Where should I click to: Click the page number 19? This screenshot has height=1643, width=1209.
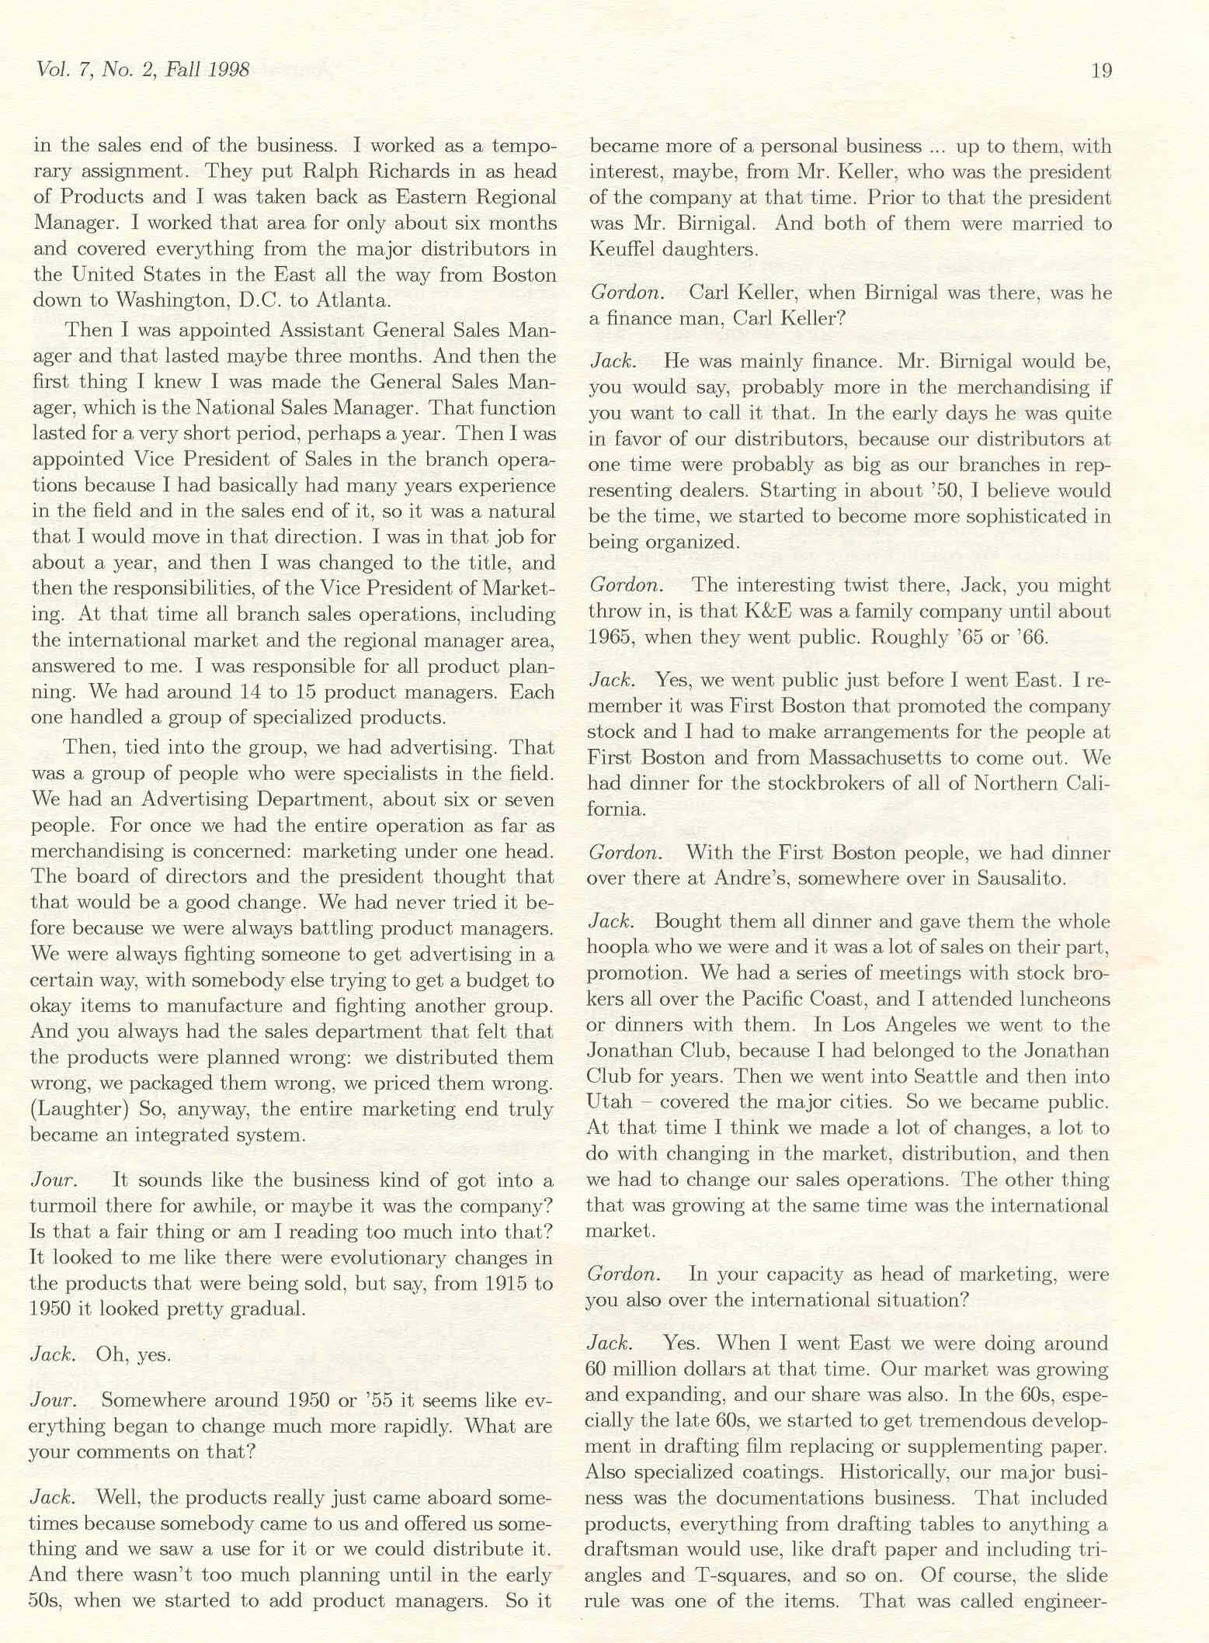pos(1101,71)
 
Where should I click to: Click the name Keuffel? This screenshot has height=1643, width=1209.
pos(620,249)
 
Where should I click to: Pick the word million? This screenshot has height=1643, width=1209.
pos(651,1369)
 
